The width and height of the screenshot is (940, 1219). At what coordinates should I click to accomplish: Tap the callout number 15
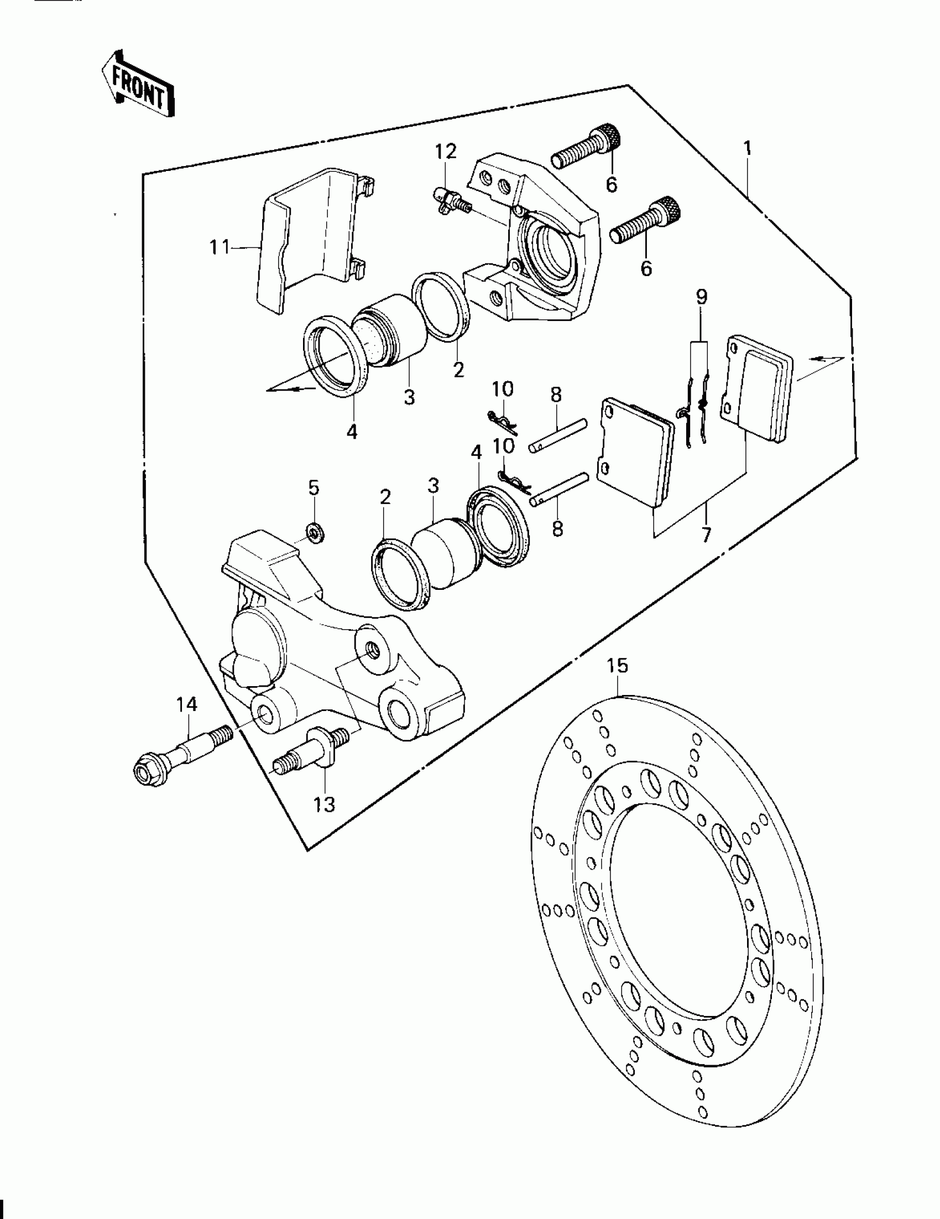618,666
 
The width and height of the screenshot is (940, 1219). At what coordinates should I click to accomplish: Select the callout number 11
219,247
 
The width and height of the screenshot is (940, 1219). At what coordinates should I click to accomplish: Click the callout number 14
187,704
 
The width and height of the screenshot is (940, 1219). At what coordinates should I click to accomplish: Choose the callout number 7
706,535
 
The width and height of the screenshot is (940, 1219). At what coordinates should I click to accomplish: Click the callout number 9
701,297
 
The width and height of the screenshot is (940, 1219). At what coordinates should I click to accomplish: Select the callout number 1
747,148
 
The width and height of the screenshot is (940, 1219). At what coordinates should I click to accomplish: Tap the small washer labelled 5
315,534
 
